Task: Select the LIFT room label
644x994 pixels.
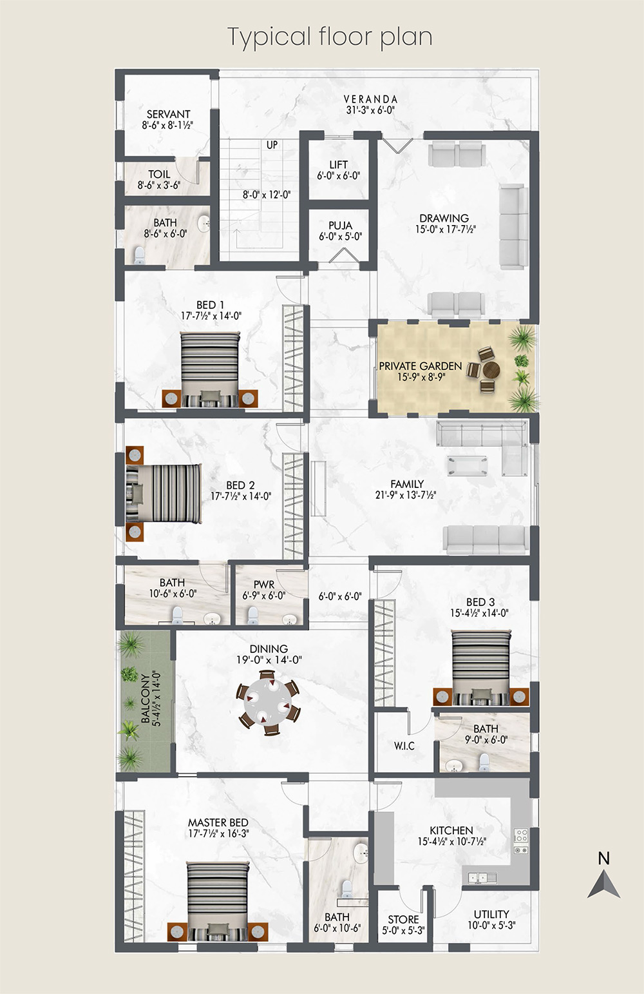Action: (339, 164)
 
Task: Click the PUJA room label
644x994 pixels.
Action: (341, 226)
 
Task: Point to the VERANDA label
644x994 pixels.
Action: (370, 99)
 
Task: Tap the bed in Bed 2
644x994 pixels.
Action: (164, 493)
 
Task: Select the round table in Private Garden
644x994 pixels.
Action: (491, 369)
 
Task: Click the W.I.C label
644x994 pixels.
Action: (404, 745)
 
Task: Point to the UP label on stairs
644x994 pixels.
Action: (272, 145)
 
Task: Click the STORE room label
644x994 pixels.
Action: (403, 919)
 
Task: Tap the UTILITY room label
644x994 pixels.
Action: (491, 914)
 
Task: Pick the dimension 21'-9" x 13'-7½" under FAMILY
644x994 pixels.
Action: (406, 495)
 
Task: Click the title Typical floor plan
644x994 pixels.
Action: (330, 37)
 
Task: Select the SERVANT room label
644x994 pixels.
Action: (169, 114)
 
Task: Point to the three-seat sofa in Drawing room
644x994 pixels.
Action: (514, 227)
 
